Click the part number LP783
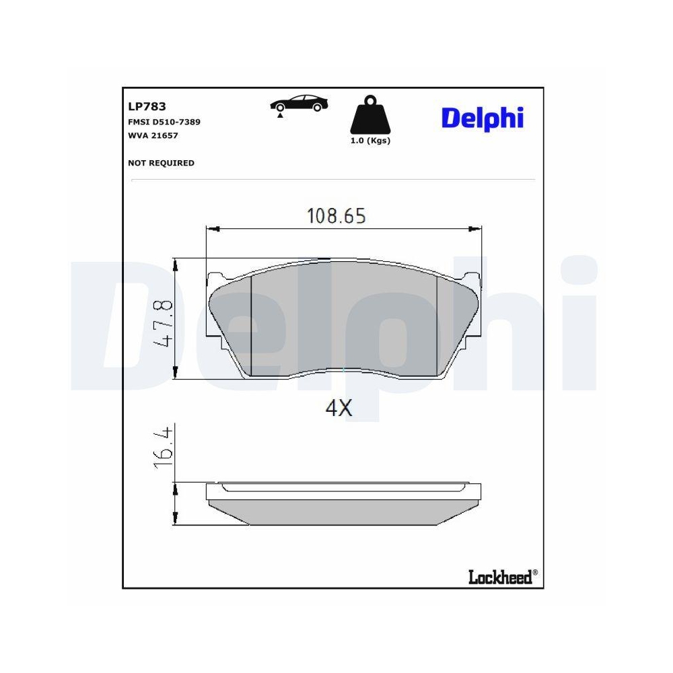147,106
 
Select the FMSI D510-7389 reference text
164,122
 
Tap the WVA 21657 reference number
153,135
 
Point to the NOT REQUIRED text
161,163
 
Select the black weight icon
369,116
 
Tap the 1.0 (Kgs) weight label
369,141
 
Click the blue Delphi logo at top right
482,118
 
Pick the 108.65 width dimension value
336,216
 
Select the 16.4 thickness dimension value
164,446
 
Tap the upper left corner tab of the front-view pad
215,277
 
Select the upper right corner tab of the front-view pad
471,278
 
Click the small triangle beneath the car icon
279,116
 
